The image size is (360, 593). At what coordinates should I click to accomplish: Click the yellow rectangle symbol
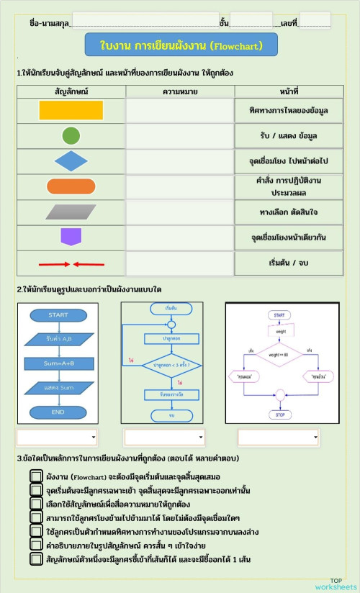pyautogui.click(x=71, y=110)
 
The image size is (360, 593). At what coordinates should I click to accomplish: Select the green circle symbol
pyautogui.click(x=71, y=135)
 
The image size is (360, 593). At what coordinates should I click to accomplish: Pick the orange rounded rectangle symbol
pyautogui.click(x=71, y=186)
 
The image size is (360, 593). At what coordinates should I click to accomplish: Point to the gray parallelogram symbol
pyautogui.click(x=71, y=212)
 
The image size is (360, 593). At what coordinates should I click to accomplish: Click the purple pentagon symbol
pyautogui.click(x=71, y=237)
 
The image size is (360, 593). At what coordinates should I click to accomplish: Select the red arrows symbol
pyautogui.click(x=71, y=263)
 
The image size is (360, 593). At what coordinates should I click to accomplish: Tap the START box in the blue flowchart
pyautogui.click(x=58, y=315)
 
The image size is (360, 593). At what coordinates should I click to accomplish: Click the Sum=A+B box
pyautogui.click(x=58, y=363)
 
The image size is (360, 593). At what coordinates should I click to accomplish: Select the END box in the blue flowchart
pyautogui.click(x=58, y=412)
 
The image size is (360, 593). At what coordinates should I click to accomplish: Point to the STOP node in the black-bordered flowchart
pyautogui.click(x=278, y=415)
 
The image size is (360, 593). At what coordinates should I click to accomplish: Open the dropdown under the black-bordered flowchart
pyautogui.click(x=277, y=437)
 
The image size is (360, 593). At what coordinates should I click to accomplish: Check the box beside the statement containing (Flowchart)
pyautogui.click(x=36, y=476)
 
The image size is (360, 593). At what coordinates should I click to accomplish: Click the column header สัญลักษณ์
pyautogui.click(x=71, y=91)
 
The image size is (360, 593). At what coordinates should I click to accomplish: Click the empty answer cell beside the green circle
pyautogui.click(x=180, y=135)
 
